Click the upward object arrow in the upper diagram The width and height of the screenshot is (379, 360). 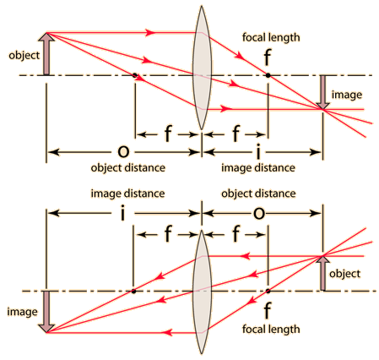[46, 54]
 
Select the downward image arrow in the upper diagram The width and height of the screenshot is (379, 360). [322, 92]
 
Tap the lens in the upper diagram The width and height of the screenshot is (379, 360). [202, 68]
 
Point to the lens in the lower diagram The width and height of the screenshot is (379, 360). [202, 292]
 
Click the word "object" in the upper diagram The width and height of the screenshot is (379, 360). [24, 56]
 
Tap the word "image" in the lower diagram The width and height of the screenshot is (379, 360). [22, 312]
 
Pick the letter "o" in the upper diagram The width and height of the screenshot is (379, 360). [123, 151]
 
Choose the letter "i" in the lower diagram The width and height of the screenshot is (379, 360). [122, 213]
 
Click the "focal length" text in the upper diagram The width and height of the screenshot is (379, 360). [271, 37]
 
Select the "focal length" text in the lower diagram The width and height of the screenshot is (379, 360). [271, 330]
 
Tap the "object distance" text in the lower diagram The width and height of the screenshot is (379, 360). [258, 194]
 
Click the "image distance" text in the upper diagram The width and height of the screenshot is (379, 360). [258, 168]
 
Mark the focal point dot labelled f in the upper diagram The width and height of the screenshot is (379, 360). [268, 75]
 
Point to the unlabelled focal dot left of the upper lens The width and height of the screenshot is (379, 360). [135, 75]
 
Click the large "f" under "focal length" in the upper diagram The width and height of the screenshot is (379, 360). [268, 57]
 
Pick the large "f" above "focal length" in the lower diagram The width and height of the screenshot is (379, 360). [268, 310]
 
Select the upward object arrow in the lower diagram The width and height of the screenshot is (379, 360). [322, 273]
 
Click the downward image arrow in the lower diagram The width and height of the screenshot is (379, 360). [46, 312]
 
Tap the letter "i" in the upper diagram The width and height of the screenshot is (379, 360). [258, 151]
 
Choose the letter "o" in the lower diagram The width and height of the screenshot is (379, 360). [259, 213]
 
